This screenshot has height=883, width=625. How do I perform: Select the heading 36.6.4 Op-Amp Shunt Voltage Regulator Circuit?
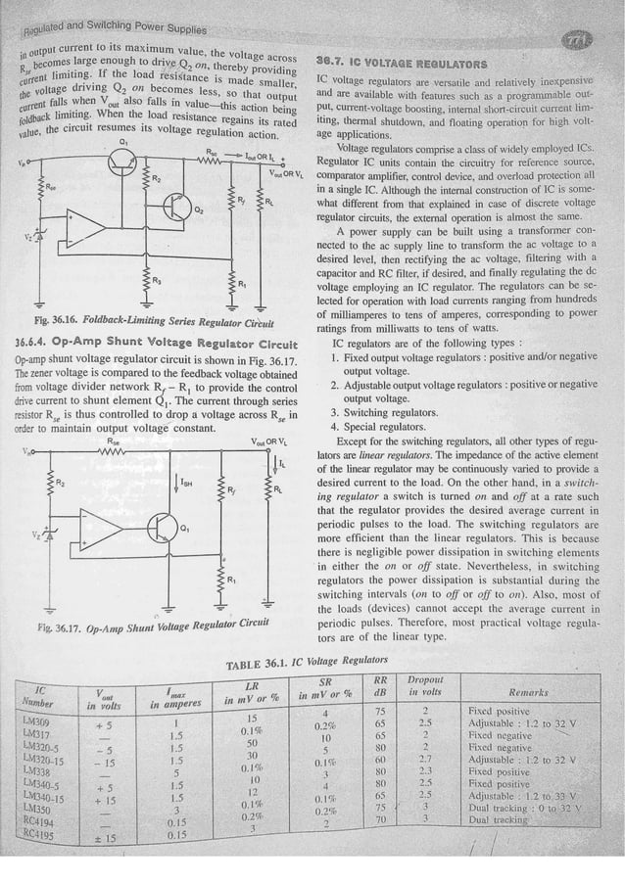(x=157, y=345)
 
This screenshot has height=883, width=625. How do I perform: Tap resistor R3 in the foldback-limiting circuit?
(x=144, y=283)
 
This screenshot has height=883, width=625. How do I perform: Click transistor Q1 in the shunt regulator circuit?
(x=163, y=530)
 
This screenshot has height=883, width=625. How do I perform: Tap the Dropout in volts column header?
(x=426, y=685)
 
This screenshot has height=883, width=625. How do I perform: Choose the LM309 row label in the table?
(x=37, y=720)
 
